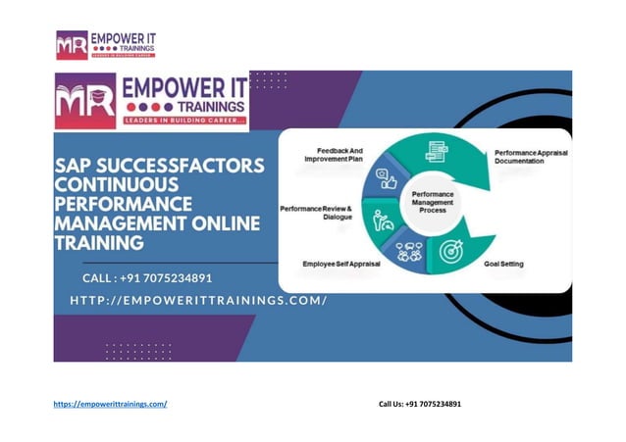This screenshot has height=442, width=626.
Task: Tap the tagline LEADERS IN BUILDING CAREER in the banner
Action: click(x=184, y=121)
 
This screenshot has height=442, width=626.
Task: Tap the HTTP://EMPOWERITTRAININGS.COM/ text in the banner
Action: click(x=198, y=300)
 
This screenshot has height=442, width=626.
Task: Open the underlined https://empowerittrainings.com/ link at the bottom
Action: click(x=110, y=404)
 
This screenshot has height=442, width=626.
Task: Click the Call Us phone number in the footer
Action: click(x=433, y=404)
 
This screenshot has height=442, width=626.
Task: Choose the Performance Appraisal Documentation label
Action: click(x=531, y=158)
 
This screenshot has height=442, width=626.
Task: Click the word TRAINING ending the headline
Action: click(x=101, y=242)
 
